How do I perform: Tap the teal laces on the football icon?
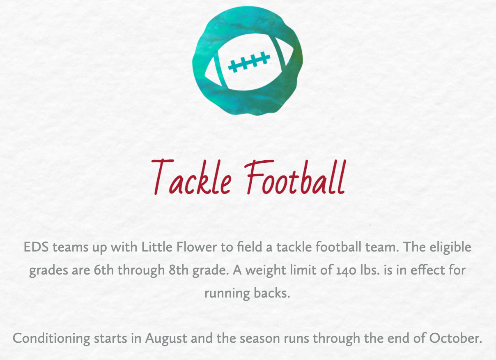pyautogui.click(x=249, y=62)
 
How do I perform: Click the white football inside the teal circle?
pyautogui.click(x=249, y=62)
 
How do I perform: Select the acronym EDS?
pyautogui.click(x=36, y=247)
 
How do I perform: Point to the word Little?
pyautogui.click(x=157, y=247)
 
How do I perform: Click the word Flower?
pyautogui.click(x=197, y=247)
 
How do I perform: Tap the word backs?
pyautogui.click(x=272, y=293)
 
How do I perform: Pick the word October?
pyautogui.click(x=456, y=338)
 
